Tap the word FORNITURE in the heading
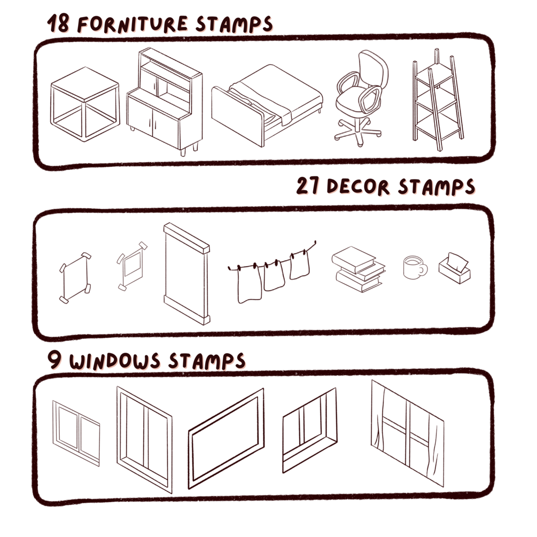pos(133,25)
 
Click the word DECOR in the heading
pos(358,187)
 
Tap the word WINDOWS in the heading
pos(115,361)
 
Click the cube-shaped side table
pos(85,104)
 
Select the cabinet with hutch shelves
pos(165,102)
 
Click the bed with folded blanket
pos(267,105)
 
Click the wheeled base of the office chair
pos(358,132)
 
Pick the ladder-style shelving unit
pos(438,99)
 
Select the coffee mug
pos(415,268)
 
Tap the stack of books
pos(358,269)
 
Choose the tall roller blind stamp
pos(186,274)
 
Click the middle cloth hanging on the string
pos(274,275)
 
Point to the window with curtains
pos(408,433)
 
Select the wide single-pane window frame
pos(227,439)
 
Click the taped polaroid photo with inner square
pos(132,266)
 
